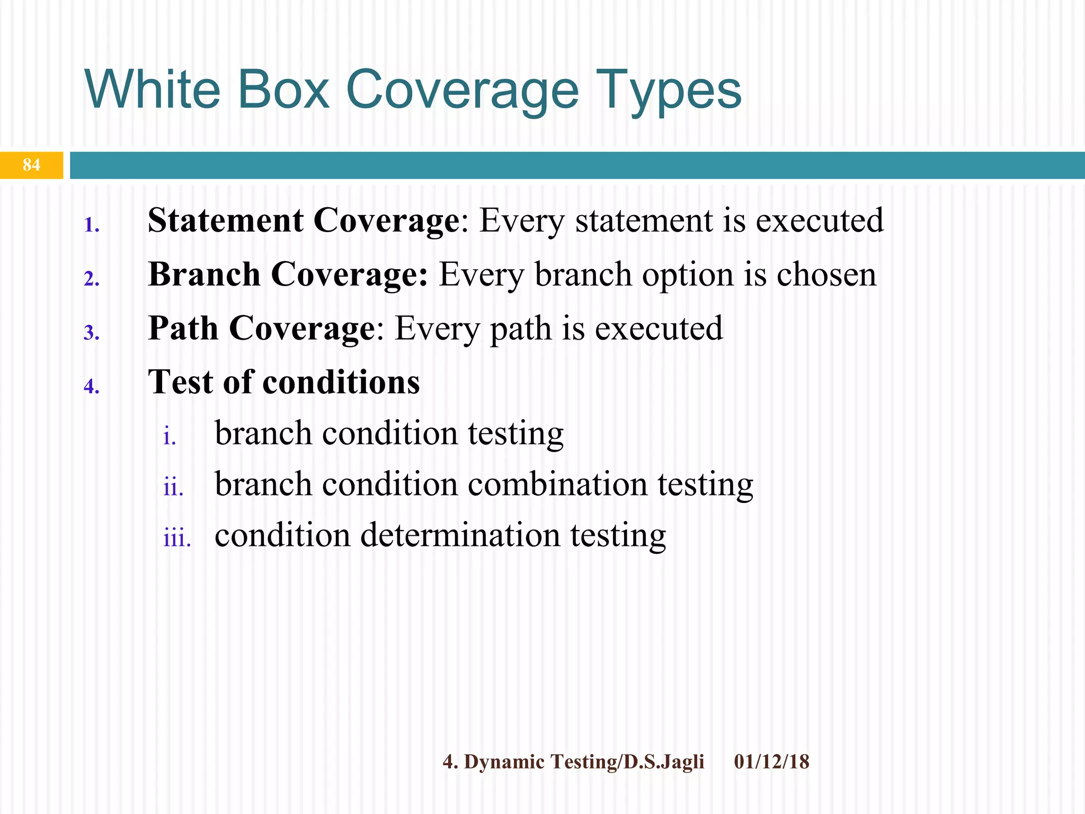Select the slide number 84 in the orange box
tap(31, 165)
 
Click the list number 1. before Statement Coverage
tap(92, 225)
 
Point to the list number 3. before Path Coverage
tap(91, 333)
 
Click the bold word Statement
tap(225, 220)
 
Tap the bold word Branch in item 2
tap(204, 275)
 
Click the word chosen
tap(826, 275)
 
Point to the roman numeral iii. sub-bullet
tap(177, 538)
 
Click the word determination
tap(460, 535)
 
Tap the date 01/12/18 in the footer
tap(771, 762)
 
